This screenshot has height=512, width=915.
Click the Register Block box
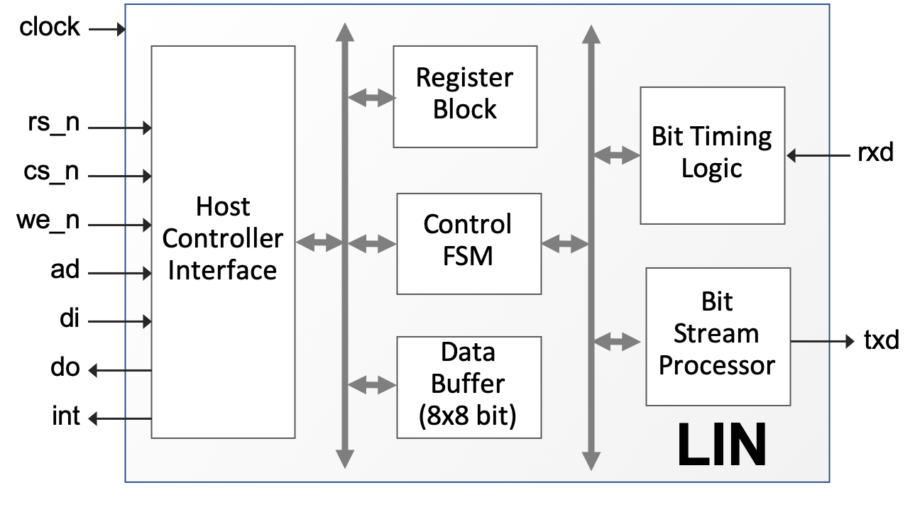pos(465,96)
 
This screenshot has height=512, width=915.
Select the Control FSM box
pos(469,243)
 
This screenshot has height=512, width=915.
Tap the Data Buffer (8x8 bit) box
pos(469,386)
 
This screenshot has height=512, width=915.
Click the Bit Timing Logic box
pos(712,155)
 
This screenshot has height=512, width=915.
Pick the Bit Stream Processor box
pos(718,336)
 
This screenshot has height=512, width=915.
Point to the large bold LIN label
pos(722,445)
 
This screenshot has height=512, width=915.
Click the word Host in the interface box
pos(223,207)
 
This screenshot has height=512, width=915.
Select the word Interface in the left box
pos(222,270)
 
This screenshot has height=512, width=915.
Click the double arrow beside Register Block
pos(371,98)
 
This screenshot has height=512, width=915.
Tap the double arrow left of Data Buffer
pos(372,386)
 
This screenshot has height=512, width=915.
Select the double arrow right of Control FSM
pos(565,245)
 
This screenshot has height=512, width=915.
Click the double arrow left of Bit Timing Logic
pos(616,155)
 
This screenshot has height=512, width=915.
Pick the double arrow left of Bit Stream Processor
pos(616,342)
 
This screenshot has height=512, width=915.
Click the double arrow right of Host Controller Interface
pos(319,243)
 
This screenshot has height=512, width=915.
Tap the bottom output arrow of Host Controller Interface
pos(119,419)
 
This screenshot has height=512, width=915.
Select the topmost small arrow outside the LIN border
pos(106,30)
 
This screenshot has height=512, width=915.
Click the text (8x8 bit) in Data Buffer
pos(467,416)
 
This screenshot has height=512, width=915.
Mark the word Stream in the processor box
pos(716,333)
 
